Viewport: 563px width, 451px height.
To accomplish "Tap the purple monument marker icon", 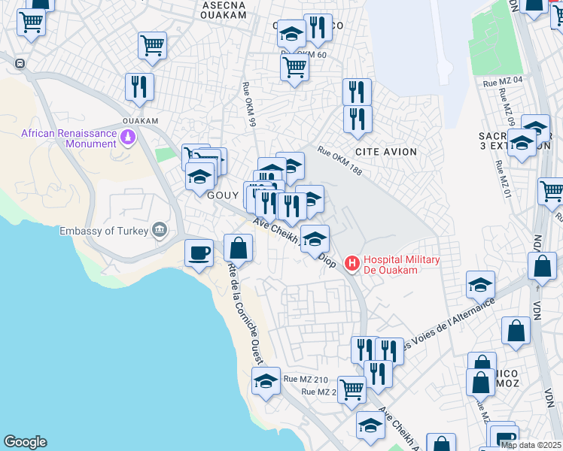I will [x=128, y=138].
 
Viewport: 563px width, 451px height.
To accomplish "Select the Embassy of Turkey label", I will [x=105, y=230].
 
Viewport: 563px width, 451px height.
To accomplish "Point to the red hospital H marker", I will [x=351, y=263].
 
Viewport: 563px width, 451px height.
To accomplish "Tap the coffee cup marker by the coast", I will [x=199, y=253].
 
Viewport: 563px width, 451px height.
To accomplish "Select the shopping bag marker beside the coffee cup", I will [x=238, y=247].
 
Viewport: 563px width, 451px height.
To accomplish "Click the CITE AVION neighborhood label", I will [x=385, y=152].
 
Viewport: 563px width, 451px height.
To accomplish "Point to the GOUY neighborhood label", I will [x=223, y=195].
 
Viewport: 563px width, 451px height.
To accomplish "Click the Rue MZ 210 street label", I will [x=306, y=380].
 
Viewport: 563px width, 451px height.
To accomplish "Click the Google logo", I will [x=25, y=442].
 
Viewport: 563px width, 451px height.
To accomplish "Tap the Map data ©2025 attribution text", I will [x=531, y=445].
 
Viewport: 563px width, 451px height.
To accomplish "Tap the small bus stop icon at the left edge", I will [x=19, y=63].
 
